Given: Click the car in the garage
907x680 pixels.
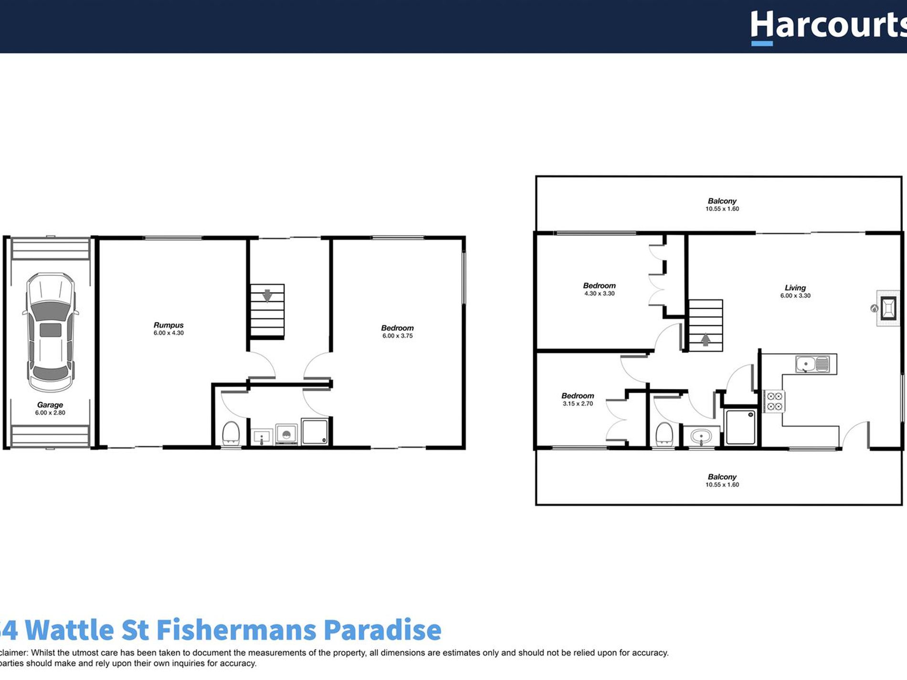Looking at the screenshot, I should point(51,332).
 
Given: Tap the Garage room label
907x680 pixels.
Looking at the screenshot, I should point(50,405).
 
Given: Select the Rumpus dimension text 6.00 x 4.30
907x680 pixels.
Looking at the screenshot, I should point(169,333).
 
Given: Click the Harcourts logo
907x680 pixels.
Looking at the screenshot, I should point(828,26).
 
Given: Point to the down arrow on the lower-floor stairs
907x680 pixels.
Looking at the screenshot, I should point(267,295).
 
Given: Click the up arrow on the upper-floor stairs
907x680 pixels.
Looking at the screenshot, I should point(706,339).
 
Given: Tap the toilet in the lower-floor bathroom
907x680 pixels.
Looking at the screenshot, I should point(231,433).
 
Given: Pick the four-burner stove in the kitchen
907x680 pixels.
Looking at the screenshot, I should point(774,401).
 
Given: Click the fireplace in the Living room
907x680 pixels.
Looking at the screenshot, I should point(888,308).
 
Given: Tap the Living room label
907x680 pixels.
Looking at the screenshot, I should point(795,288).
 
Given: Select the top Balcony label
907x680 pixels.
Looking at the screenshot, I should point(722,201).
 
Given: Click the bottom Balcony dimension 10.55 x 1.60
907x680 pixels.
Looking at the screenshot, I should point(722,485).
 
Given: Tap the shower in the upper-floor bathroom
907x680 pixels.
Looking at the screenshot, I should point(740,427).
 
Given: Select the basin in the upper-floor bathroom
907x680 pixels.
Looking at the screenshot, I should point(701,436).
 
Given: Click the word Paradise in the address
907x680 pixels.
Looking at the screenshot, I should point(382,630).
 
